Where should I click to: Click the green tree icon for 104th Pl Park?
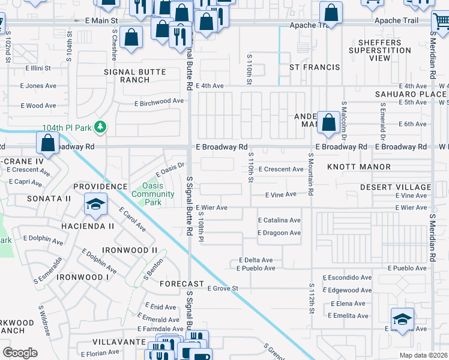(x=101, y=128)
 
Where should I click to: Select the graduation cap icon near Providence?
(x=95, y=205)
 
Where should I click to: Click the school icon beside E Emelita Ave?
(x=402, y=319)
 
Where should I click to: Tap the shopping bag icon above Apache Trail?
(x=331, y=11)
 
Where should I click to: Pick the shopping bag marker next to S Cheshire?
(x=131, y=37)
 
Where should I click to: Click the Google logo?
(x=20, y=352)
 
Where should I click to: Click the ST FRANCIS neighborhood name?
(x=315, y=67)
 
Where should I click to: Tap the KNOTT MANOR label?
(x=367, y=167)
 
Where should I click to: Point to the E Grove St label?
(x=223, y=289)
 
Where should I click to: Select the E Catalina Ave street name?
(x=279, y=220)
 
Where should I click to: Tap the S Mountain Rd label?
(x=310, y=174)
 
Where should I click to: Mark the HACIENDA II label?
(x=88, y=226)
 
